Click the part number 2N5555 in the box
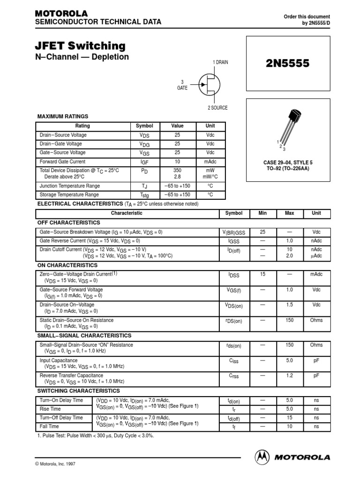pos(288,64)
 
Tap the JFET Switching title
pos(80,46)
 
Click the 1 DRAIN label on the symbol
pos(220,62)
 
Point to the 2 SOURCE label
pos(217,108)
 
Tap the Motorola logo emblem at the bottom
pos(262,457)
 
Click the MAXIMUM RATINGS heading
pos(62,116)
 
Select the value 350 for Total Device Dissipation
pos(177,171)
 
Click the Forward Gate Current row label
pos(62,162)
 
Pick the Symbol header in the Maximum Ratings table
pos(144,126)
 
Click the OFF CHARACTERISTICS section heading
pos(68,223)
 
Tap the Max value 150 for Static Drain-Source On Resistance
pos(289,320)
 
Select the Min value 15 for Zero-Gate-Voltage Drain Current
pos(262,274)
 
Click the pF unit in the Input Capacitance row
pos(316,360)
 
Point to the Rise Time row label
pos(50,409)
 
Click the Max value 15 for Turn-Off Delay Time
pos(289,418)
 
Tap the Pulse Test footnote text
pos(95,436)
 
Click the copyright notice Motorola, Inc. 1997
pos(55,464)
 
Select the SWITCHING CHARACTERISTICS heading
pos(78,391)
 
